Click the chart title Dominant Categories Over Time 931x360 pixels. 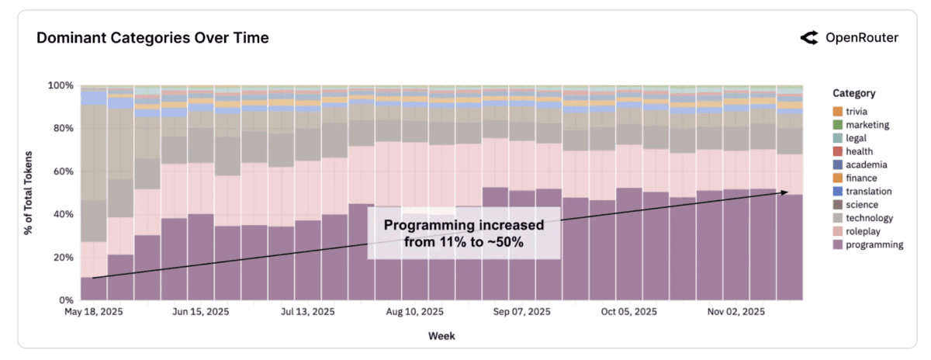153,37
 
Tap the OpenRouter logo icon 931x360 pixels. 809,37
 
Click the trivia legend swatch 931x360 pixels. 837,111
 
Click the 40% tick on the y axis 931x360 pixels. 66,214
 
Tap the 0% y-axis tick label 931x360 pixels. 68,299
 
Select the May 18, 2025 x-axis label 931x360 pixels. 94,312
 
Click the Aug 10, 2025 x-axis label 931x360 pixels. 415,312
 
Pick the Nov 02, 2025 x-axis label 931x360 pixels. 736,312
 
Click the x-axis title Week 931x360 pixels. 441,336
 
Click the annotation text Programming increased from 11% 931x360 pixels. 464,233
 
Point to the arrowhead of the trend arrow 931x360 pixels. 788,192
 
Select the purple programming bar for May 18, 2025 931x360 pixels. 94,288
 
